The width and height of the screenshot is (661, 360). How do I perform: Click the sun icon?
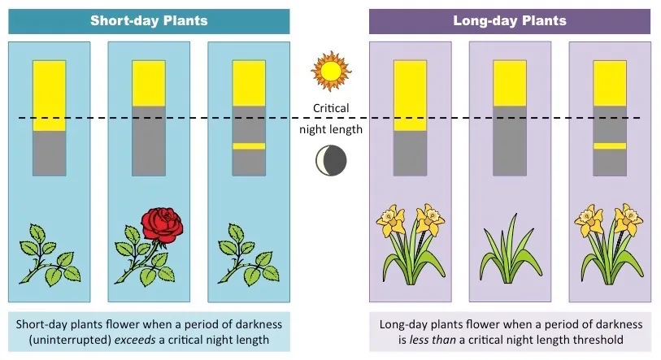point(331,72)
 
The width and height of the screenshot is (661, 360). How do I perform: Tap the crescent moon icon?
point(332,161)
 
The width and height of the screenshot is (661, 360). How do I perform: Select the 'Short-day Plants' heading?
point(149,20)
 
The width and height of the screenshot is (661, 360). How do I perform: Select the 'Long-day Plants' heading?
point(510,20)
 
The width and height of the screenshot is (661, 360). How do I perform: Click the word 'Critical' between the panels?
point(331,108)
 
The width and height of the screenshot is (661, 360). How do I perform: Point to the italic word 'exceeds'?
point(135,340)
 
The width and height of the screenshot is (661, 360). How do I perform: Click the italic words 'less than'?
point(433,340)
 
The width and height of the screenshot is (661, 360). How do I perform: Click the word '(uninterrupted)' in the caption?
point(70,340)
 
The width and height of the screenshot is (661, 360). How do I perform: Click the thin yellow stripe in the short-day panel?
point(249,146)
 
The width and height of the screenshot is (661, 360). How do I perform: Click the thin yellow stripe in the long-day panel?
point(610,146)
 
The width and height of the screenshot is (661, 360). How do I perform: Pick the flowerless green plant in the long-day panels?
point(510,249)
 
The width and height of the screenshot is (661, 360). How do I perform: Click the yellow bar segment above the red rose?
point(149,84)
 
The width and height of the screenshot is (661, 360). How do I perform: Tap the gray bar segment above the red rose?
point(149,141)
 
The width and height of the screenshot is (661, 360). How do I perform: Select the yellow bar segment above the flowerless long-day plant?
point(510,84)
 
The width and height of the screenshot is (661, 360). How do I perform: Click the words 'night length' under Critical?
point(331,129)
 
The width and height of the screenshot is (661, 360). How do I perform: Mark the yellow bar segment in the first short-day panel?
point(50,96)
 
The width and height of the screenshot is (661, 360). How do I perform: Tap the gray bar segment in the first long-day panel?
point(410,153)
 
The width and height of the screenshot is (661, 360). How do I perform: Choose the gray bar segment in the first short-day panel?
point(50,153)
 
